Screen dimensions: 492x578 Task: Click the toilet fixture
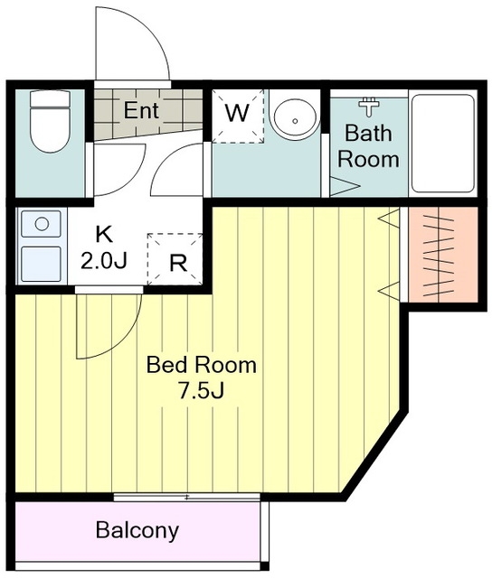click(x=50, y=121)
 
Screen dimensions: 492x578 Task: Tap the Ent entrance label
click(x=141, y=110)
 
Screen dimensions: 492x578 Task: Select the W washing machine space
click(x=237, y=117)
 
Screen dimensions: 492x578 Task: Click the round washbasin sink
click(x=296, y=118)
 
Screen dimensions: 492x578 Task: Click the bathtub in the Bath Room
click(x=443, y=143)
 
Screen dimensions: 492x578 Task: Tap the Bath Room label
click(x=368, y=146)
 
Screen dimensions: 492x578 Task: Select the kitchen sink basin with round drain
click(x=41, y=224)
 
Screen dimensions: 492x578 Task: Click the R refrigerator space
click(x=175, y=259)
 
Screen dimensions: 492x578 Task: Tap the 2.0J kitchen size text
click(x=104, y=261)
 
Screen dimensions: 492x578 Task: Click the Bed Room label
click(x=201, y=365)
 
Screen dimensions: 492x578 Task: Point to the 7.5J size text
click(x=201, y=391)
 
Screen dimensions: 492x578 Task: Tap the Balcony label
click(x=137, y=530)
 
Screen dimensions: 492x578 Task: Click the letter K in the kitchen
click(x=104, y=234)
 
